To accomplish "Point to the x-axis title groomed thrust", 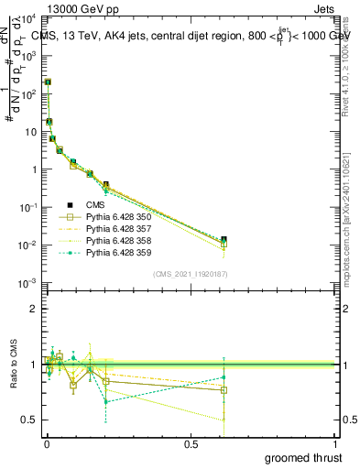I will tap(304, 457).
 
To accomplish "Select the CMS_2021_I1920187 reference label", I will tap(191, 274).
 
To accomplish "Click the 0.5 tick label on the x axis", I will tap(191, 443).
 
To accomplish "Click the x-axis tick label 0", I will tap(46, 443).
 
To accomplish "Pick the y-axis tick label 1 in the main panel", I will tap(35, 169).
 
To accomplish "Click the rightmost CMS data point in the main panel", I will tap(224, 240).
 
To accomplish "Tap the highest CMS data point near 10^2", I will tap(48, 82).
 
